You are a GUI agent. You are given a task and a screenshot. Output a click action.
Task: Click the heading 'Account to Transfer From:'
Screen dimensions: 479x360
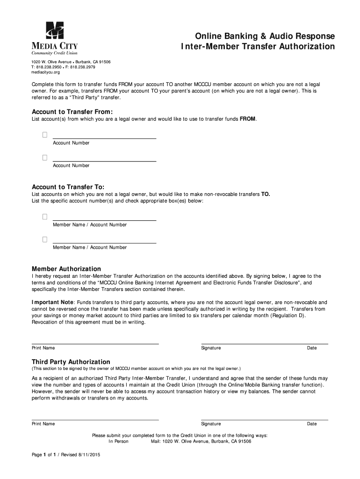(x=72, y=112)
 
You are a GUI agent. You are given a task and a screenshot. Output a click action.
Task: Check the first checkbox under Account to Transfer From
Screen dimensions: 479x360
(x=45, y=135)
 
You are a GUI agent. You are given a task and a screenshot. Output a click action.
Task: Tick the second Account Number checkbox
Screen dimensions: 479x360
(x=45, y=157)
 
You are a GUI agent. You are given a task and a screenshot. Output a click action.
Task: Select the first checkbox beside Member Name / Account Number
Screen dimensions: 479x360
(x=45, y=217)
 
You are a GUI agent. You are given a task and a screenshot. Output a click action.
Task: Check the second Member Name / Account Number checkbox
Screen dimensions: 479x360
(x=45, y=239)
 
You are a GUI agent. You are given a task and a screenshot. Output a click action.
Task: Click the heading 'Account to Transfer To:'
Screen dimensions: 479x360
(x=68, y=186)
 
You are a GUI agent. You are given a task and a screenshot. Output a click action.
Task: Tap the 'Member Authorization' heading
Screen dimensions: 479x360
(x=66, y=269)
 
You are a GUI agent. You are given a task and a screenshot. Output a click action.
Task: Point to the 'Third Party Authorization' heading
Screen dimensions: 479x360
(x=71, y=362)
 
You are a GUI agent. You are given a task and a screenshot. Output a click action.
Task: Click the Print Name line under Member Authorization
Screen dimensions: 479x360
(x=95, y=343)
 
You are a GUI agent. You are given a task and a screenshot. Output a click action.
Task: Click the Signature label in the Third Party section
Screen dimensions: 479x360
(x=211, y=424)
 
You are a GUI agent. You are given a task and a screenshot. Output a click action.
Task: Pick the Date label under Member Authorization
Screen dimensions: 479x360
(x=312, y=348)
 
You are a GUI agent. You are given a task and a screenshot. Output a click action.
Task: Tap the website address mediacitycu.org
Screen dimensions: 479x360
(x=46, y=73)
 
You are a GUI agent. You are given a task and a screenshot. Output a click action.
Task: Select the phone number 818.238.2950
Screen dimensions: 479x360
(x=49, y=67)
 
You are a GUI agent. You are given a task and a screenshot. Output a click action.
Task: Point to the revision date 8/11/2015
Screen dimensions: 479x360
(x=90, y=455)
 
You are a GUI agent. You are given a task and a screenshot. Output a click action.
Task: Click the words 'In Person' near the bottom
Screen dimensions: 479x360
(x=118, y=441)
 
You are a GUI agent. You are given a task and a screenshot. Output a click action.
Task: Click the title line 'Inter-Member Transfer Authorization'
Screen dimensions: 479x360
(x=258, y=47)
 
